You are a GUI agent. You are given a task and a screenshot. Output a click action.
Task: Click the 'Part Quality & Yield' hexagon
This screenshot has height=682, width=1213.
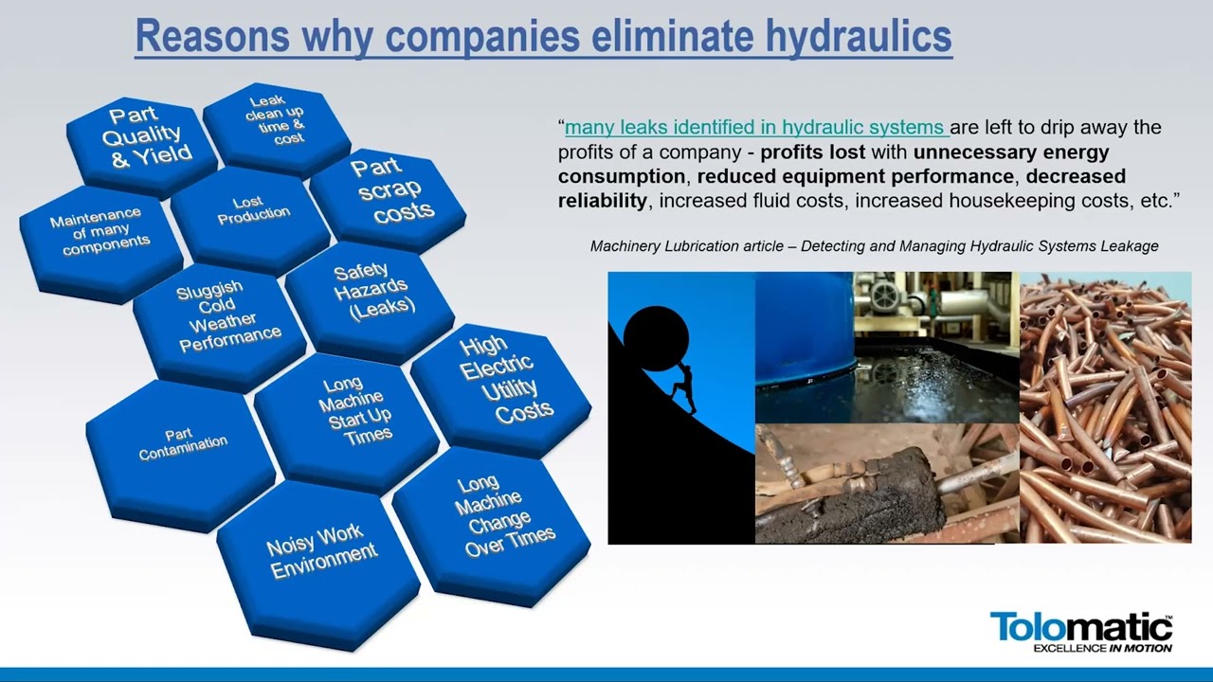(142, 145)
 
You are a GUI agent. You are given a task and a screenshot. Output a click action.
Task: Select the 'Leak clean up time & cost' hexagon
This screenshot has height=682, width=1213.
(276, 128)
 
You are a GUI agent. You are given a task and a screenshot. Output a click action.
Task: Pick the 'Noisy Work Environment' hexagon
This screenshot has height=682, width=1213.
(318, 563)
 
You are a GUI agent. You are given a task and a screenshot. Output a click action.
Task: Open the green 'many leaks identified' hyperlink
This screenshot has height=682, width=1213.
(756, 128)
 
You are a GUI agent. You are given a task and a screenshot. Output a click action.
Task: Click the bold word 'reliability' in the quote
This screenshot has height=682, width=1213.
(602, 201)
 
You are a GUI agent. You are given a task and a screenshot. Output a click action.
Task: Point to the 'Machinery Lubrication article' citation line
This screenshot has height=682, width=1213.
(874, 246)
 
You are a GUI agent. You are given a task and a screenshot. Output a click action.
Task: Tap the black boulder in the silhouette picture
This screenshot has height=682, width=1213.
(656, 339)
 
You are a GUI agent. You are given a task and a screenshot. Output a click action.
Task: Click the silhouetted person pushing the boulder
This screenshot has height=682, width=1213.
(684, 388)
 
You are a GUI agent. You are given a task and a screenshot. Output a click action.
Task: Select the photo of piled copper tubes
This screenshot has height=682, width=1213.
(1105, 407)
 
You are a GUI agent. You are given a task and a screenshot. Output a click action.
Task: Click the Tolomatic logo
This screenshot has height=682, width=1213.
(1081, 632)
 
